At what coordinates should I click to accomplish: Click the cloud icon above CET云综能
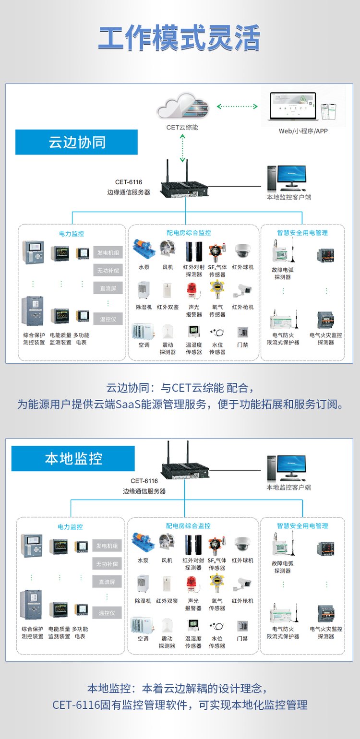[183, 106]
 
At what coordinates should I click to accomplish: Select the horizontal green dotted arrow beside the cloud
[237, 106]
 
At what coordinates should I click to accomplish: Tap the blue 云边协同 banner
[76, 142]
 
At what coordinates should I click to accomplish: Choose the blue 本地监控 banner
[73, 459]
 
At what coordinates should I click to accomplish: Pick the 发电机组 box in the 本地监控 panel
[107, 546]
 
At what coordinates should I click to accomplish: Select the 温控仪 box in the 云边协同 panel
[108, 319]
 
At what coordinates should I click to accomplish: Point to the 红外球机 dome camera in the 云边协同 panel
[243, 251]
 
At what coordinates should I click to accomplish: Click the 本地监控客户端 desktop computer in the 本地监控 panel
[287, 468]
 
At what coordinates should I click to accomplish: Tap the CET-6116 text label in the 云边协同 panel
[129, 182]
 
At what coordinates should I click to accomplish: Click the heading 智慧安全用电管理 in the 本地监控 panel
[302, 526]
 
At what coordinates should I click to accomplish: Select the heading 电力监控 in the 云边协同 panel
[72, 234]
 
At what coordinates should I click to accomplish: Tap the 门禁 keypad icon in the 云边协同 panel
[243, 332]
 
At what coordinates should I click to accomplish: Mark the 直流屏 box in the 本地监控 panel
[107, 582]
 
